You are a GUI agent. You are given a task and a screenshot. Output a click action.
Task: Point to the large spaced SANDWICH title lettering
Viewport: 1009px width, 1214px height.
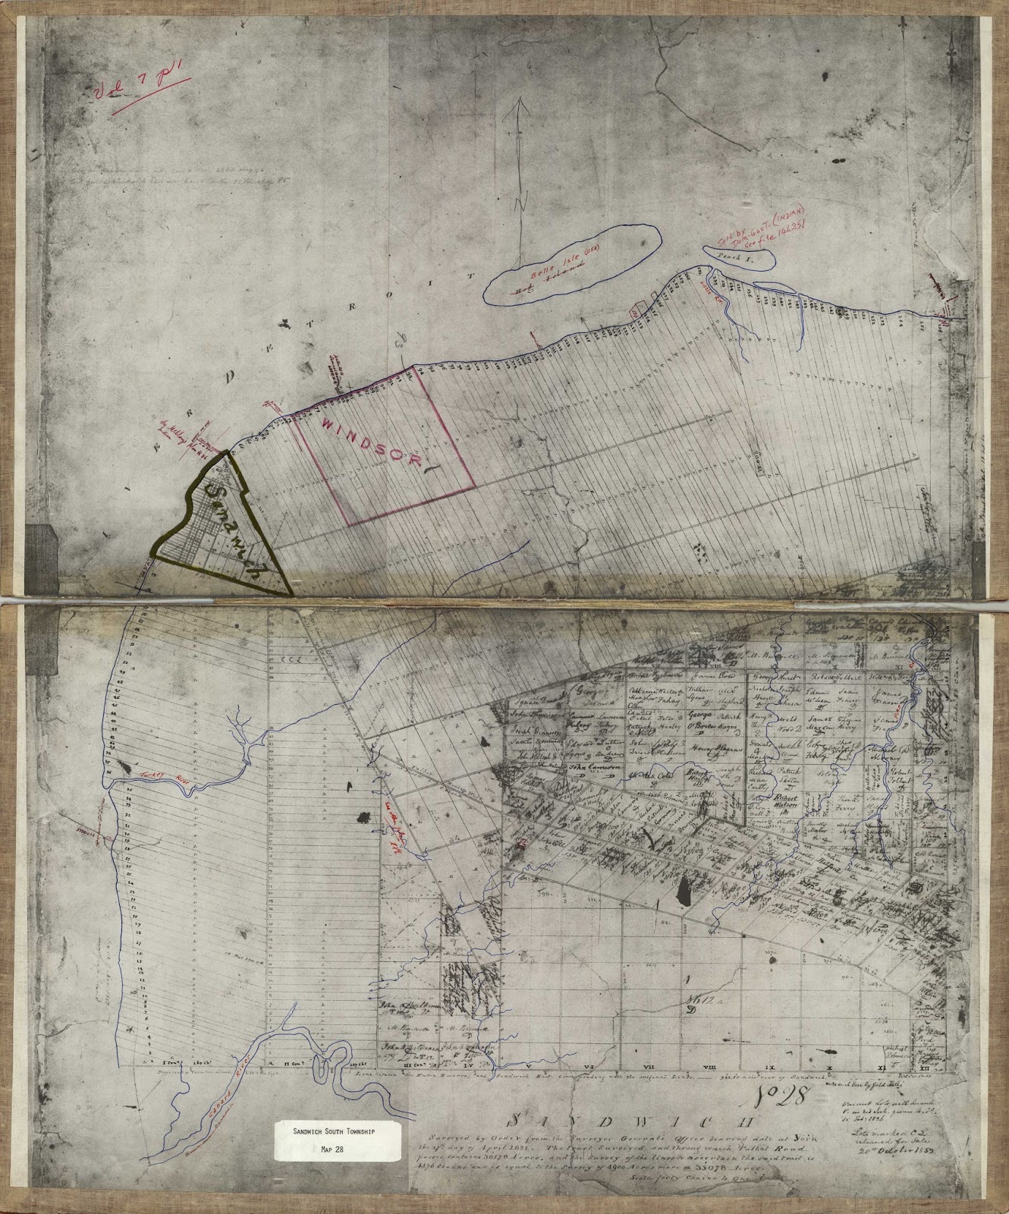click(585, 1119)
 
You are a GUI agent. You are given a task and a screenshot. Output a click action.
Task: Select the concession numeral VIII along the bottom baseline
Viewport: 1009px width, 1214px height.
click(706, 1069)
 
